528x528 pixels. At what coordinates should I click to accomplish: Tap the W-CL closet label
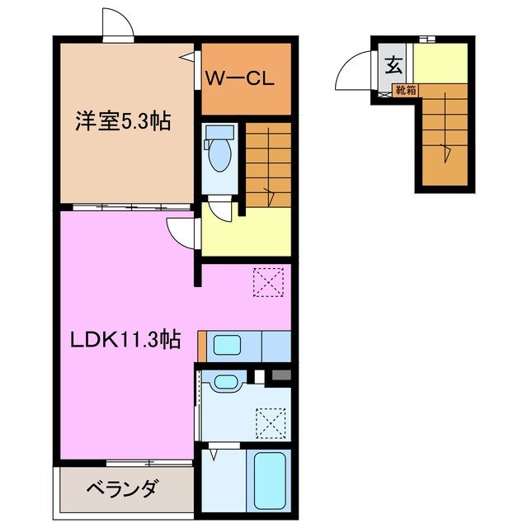tap(239, 80)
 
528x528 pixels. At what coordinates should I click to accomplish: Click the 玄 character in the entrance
tap(395, 63)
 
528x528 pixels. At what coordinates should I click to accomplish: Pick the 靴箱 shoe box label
tap(403, 91)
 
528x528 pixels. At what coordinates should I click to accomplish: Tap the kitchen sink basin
tap(225, 346)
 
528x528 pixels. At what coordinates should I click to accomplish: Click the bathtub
tap(268, 480)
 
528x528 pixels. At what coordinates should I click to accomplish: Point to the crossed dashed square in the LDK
tap(269, 281)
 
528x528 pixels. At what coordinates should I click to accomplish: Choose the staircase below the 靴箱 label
tap(445, 136)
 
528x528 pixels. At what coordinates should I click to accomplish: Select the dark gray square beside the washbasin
tap(280, 376)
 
